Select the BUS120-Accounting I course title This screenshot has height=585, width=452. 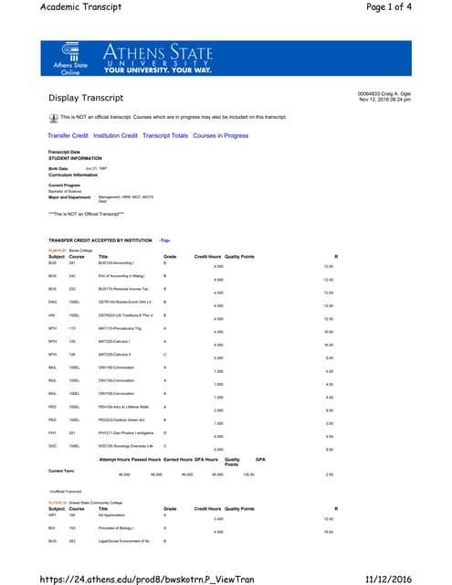click(x=117, y=261)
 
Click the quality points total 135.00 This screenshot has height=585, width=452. click(x=247, y=474)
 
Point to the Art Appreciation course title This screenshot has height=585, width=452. click(x=116, y=516)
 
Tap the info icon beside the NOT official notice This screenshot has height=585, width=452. click(x=52, y=118)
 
